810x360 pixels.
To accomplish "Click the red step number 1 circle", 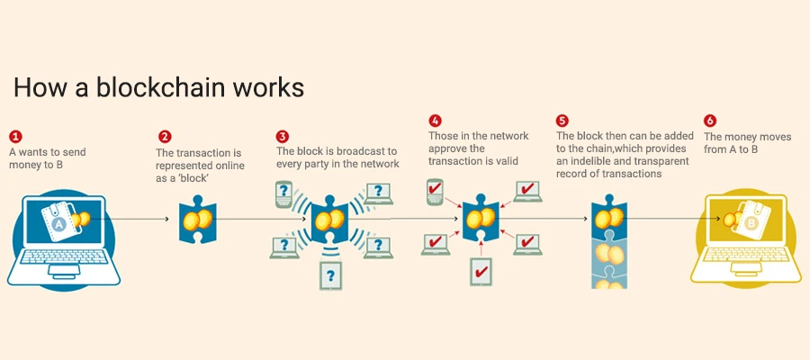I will (x=15, y=136).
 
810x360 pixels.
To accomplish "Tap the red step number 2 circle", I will (x=165, y=137).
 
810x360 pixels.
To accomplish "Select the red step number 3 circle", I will (x=283, y=137).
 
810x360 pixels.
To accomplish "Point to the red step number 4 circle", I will (x=435, y=120).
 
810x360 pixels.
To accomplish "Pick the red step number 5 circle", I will (x=562, y=120).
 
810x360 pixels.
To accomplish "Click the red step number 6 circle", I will (x=710, y=120).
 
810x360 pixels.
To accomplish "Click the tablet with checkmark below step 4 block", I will (x=481, y=270).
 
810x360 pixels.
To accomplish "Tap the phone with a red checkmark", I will (x=436, y=191).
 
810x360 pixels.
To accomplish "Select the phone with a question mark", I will (x=285, y=194).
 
